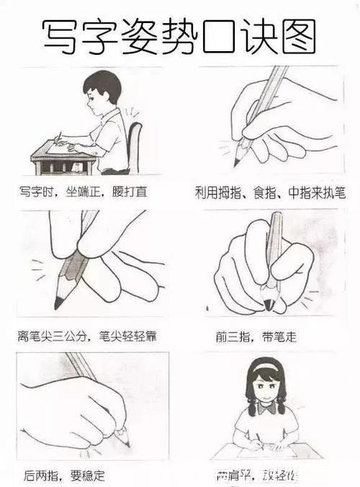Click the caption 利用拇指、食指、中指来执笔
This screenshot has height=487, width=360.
point(270,193)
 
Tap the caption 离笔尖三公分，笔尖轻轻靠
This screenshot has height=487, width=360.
point(88,336)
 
